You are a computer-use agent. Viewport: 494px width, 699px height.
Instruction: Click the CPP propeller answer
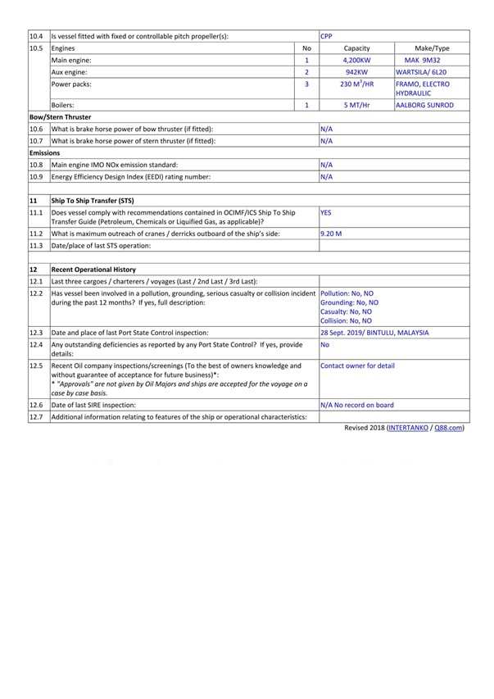[326, 36]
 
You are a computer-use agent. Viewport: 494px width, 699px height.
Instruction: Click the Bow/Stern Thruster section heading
[60, 117]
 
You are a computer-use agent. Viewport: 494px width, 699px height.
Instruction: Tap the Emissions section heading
[45, 152]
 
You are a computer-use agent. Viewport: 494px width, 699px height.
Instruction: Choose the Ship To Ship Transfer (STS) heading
[92, 201]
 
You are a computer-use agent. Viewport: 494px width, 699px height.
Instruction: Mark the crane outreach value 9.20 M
[331, 234]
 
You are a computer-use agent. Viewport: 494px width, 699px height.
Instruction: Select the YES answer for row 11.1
[325, 211]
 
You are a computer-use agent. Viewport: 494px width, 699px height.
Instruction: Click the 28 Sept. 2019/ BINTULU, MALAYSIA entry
[374, 333]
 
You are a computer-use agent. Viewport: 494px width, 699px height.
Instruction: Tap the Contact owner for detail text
[357, 366]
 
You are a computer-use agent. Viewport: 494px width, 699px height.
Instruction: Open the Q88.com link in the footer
[449, 428]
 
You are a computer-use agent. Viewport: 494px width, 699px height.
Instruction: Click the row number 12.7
[36, 417]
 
